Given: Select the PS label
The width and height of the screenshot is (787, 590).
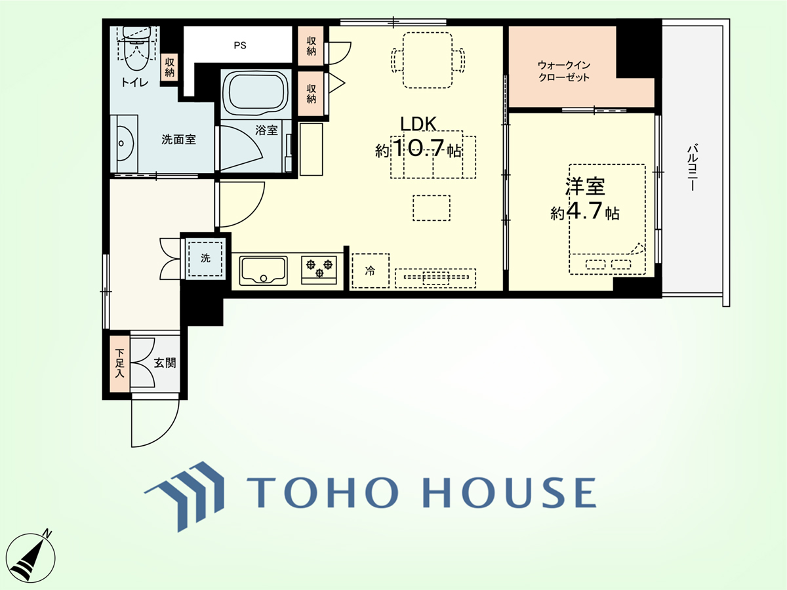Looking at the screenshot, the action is (x=240, y=45).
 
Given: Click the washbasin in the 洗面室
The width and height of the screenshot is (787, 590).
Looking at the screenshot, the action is (x=124, y=144).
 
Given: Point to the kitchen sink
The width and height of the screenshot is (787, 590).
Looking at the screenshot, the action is (x=264, y=271).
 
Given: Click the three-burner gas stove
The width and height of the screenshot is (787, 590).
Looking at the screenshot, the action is (x=319, y=269).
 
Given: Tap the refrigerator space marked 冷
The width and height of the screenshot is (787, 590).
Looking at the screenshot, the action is (x=371, y=271).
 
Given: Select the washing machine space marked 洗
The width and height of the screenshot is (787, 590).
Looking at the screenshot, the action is (x=205, y=258).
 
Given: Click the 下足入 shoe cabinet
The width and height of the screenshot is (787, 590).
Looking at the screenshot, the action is (x=119, y=364).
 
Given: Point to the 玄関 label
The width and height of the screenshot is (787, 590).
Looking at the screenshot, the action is (x=165, y=363).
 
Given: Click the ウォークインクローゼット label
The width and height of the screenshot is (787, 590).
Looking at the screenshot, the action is (x=563, y=71).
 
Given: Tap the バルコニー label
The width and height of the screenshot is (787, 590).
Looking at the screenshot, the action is (x=692, y=168).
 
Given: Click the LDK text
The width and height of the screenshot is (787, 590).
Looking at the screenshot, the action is (x=418, y=125).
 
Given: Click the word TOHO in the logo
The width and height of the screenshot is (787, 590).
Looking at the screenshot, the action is (x=322, y=493).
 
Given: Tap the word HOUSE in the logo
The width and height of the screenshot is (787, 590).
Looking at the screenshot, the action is (x=510, y=493).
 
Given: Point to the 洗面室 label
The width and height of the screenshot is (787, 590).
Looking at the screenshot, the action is (x=178, y=140).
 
